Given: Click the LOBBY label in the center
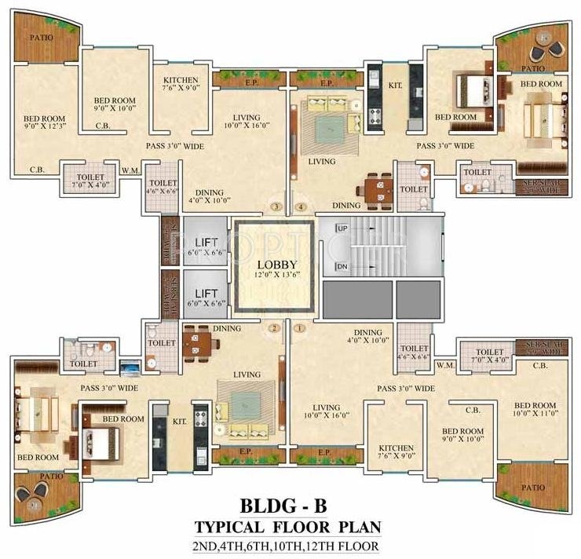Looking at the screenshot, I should [275, 265].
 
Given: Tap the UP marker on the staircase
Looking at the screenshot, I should [342, 228].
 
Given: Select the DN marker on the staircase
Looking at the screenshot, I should [342, 267].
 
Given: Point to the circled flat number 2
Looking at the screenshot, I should [274, 329].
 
